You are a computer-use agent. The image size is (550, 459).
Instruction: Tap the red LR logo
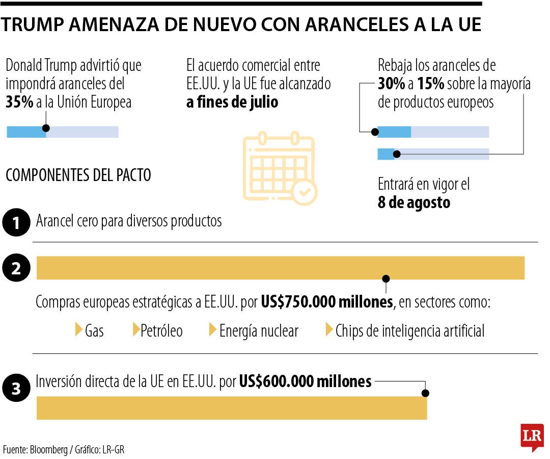(532, 437)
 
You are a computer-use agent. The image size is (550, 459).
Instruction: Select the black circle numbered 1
(16, 223)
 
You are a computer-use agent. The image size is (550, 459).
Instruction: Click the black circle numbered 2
(16, 268)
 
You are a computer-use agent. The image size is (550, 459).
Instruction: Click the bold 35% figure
(19, 102)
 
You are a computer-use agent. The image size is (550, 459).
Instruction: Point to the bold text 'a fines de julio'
(232, 102)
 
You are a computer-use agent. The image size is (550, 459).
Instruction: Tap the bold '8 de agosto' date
(414, 202)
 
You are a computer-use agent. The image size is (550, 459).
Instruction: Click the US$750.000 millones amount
(327, 302)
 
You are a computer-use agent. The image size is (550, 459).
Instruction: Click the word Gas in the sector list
(94, 331)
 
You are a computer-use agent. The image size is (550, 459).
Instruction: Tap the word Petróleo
(161, 331)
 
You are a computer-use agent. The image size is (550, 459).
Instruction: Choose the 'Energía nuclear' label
(258, 331)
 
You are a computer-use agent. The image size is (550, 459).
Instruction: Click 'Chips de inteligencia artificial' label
(409, 331)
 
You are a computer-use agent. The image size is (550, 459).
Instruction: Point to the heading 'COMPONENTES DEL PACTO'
(78, 175)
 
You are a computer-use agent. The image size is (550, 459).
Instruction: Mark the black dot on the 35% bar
(46, 128)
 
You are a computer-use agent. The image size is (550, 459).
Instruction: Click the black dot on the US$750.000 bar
(386, 278)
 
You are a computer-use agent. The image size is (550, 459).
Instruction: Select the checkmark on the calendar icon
(305, 192)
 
